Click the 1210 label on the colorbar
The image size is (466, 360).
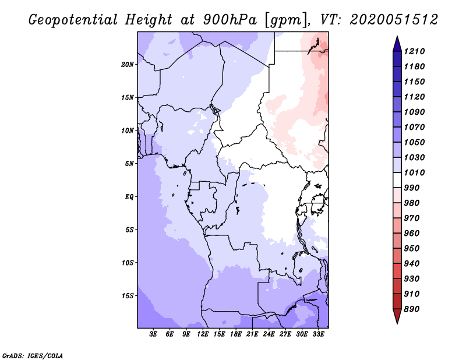pyautogui.click(x=416, y=51)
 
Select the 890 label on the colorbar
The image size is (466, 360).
pyautogui.click(x=416, y=309)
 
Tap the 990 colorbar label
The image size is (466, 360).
pyautogui.click(x=416, y=188)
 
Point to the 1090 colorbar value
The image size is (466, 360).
pyautogui.click(x=416, y=112)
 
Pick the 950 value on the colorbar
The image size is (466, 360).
pyautogui.click(x=416, y=248)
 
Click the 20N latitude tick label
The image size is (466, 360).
pyautogui.click(x=128, y=64)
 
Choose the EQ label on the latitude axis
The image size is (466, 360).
pyautogui.click(x=129, y=196)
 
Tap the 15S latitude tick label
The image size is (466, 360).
pyautogui.click(x=128, y=295)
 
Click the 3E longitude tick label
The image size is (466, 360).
pyautogui.click(x=153, y=334)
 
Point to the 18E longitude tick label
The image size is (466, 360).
pyautogui.click(x=236, y=334)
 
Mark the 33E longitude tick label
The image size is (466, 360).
pyautogui.click(x=318, y=334)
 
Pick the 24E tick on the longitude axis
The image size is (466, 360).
pyautogui.click(x=269, y=334)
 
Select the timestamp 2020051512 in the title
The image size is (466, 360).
pyautogui.click(x=394, y=20)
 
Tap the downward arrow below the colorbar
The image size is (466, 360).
pyautogui.click(x=396, y=317)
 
